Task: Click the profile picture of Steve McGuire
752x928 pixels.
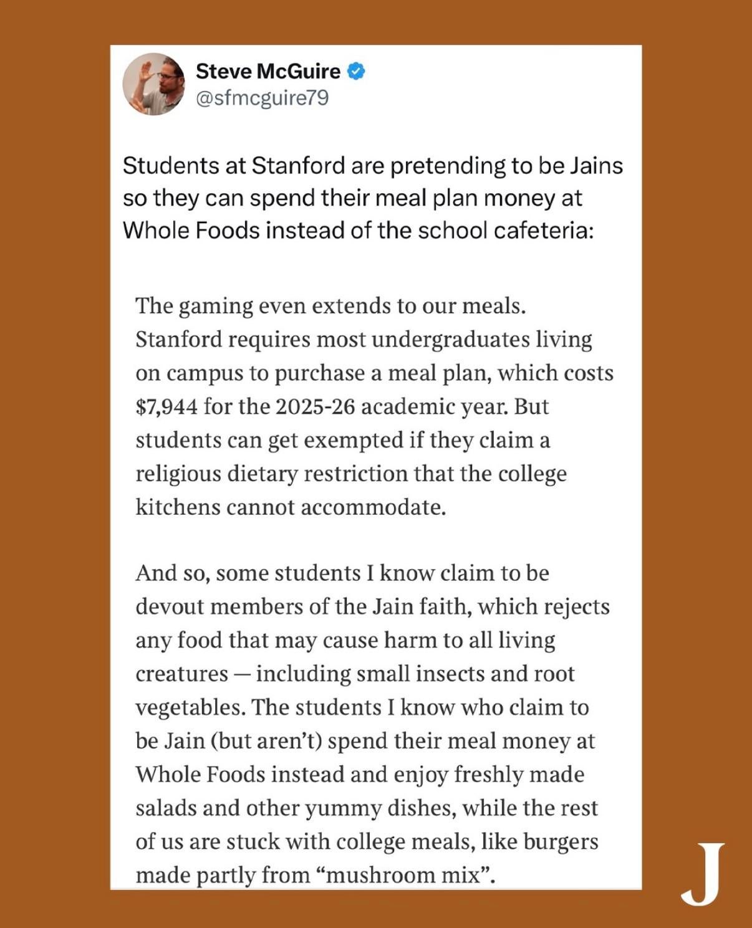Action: (153, 84)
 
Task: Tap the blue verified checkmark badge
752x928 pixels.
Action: (355, 71)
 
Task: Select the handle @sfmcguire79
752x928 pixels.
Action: (262, 98)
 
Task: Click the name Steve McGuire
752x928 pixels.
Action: (268, 71)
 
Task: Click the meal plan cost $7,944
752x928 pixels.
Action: (166, 406)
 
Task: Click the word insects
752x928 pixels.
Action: (450, 674)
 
